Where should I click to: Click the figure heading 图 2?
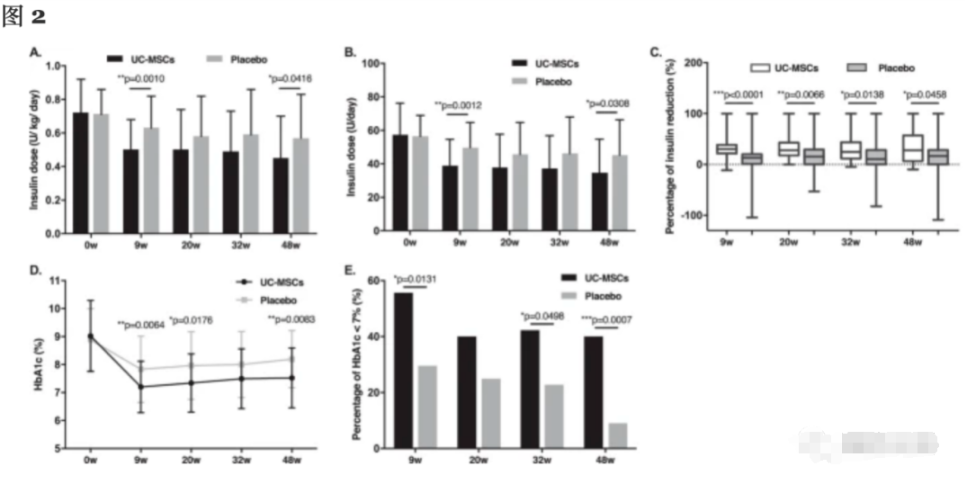click(x=24, y=16)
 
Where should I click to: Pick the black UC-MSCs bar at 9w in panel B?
click(x=449, y=199)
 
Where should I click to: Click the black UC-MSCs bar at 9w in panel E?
click(x=404, y=370)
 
